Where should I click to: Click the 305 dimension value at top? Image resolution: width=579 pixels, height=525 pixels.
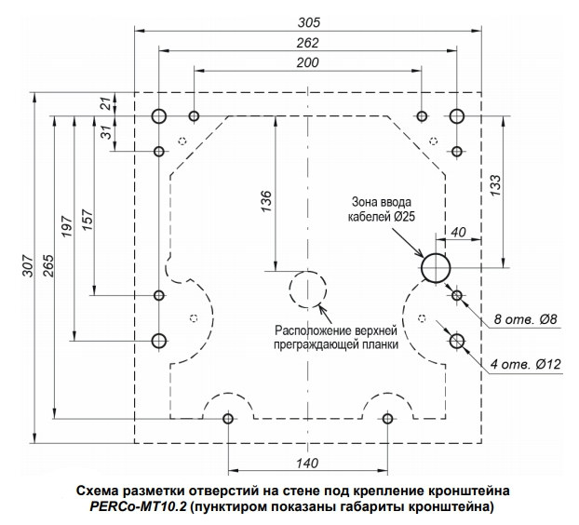[308, 21]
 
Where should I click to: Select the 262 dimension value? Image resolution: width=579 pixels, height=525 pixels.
[308, 43]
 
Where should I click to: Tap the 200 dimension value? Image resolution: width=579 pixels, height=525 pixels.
[308, 63]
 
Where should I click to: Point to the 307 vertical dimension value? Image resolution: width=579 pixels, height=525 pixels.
[25, 268]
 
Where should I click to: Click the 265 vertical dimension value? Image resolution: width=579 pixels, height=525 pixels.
[47, 268]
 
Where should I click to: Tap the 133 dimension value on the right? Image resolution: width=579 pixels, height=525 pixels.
[495, 186]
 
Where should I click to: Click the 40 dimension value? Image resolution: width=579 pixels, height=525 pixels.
[458, 232]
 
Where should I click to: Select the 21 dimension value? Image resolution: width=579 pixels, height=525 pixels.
[105, 103]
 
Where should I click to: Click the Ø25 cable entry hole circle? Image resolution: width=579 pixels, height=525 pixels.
[436, 268]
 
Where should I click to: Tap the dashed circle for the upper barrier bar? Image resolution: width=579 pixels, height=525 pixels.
[307, 289]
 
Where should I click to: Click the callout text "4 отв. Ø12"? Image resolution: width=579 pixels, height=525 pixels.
[525, 364]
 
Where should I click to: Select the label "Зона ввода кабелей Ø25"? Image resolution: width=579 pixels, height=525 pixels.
[383, 209]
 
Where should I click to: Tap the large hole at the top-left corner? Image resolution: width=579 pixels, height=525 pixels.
[159, 116]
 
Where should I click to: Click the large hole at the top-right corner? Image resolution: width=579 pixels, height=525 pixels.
[457, 116]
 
